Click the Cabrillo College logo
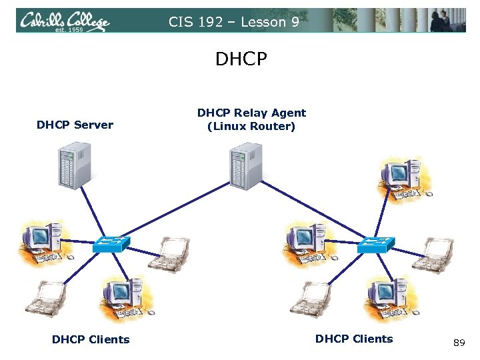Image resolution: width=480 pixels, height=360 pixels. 64,21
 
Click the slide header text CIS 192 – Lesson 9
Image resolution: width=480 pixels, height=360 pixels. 233,22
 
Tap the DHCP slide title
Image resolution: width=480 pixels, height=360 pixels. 241,60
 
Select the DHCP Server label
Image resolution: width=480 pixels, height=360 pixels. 75,125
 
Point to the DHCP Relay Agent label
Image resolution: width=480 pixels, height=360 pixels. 251,119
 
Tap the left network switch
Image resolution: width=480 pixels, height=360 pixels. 111,244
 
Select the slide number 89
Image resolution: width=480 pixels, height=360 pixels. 459,343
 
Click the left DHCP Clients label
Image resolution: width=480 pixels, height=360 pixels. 91,339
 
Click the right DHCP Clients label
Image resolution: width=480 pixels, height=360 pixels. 354,339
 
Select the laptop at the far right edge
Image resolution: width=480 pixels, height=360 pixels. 433,255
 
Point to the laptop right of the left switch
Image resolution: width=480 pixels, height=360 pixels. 169,255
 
